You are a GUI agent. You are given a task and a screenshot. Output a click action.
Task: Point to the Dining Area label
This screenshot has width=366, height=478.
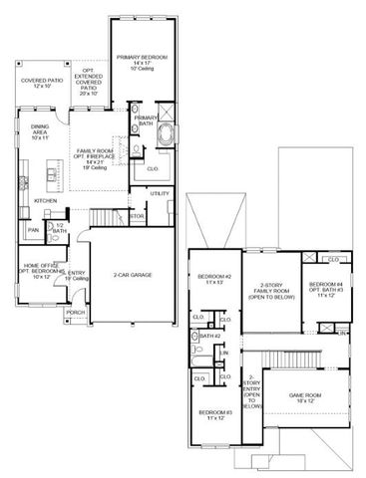[40, 130]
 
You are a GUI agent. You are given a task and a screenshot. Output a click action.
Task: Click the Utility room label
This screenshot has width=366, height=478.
[160, 193]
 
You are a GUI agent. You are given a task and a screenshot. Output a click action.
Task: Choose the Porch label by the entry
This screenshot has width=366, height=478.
[76, 312]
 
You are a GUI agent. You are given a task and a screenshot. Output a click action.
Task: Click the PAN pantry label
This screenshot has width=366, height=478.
[33, 230]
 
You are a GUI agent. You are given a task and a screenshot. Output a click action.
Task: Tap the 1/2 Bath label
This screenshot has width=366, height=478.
[59, 229]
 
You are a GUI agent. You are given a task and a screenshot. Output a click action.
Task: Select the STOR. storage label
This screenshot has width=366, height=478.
[137, 215]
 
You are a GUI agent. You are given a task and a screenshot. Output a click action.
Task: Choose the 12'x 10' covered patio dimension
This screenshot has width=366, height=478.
[41, 87]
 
